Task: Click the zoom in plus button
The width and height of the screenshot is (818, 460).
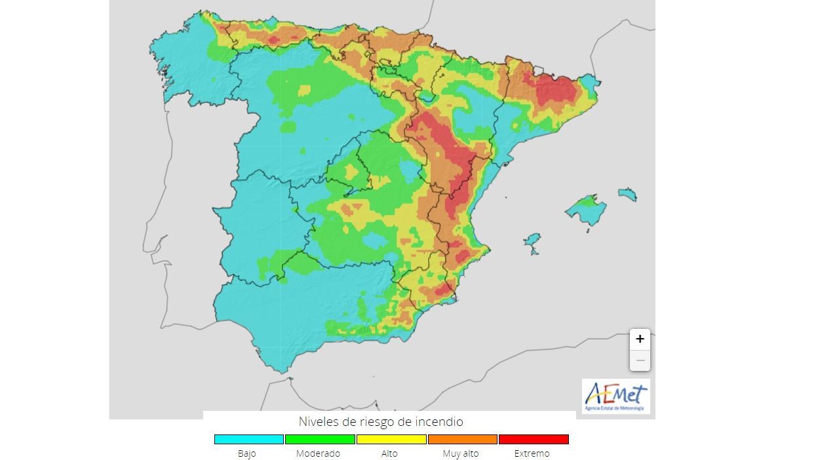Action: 640,339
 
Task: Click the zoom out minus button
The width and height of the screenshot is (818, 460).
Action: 640,360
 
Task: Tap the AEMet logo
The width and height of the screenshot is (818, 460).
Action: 615,396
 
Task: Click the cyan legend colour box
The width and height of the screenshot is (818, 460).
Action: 248,439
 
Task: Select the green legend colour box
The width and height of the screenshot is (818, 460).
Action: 320,439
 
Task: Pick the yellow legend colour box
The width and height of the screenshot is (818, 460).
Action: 391,439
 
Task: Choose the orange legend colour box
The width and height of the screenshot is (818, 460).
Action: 462,439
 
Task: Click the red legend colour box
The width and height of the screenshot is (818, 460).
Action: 534,439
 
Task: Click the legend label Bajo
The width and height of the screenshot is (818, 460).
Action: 247,453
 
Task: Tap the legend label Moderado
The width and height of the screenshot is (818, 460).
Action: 318,453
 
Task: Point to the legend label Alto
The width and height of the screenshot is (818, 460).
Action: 389,453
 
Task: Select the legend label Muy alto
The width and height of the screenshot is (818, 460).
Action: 461,453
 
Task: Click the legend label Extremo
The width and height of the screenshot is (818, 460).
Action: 532,453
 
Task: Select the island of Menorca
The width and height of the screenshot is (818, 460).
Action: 627,195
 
